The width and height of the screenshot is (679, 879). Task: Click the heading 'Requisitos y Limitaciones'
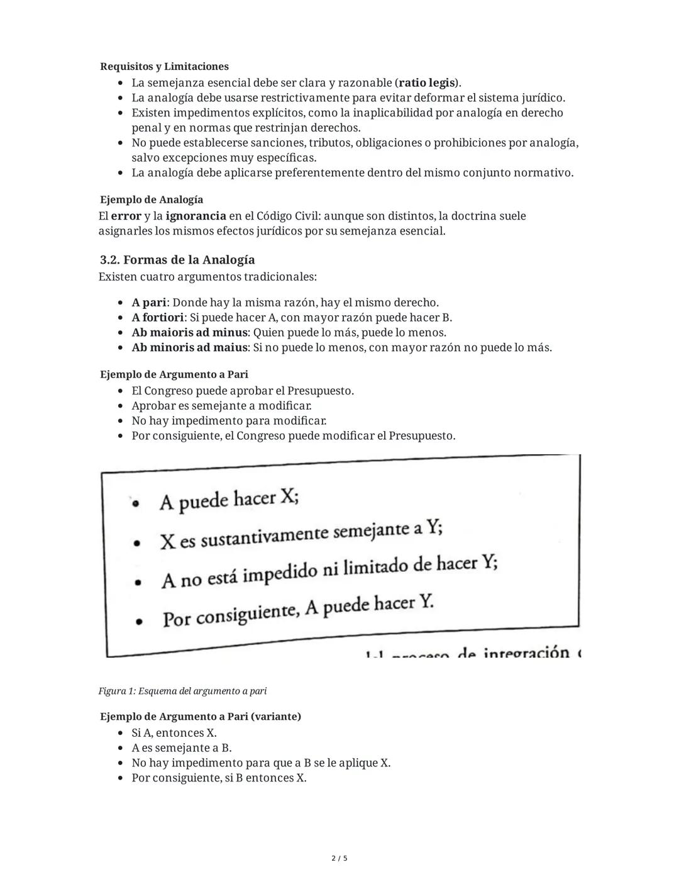point(164,66)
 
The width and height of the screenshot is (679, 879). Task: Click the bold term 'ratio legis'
point(428,82)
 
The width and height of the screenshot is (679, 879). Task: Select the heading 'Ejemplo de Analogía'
point(151,199)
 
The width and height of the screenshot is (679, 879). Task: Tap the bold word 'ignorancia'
point(196,216)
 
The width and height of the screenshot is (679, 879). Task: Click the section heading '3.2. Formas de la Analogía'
point(177,260)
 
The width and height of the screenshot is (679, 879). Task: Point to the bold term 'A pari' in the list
point(149,303)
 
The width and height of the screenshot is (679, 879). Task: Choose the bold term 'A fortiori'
point(157,318)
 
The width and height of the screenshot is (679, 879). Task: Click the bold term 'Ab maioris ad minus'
point(189,333)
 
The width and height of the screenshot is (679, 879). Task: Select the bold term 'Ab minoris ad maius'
point(189,348)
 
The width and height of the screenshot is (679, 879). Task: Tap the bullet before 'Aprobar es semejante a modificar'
point(121,406)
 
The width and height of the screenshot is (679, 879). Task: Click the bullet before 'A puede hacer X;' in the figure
point(134,503)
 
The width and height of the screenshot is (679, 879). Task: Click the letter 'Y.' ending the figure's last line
point(426,602)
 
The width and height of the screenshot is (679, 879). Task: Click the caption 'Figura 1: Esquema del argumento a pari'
point(182,691)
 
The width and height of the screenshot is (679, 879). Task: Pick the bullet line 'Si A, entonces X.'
point(174,733)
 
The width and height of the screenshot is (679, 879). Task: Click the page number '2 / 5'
point(339,858)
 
